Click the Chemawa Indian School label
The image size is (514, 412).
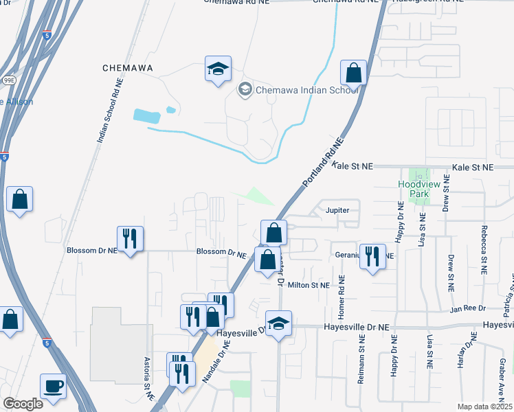(x=306, y=89)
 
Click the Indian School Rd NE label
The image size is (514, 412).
(x=110, y=110)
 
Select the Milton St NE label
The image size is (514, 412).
(x=309, y=284)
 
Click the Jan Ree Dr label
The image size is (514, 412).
(x=469, y=308)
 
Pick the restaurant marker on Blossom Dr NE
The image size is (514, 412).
(x=130, y=239)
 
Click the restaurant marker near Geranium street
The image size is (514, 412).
(x=372, y=257)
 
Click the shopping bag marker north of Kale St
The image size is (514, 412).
(x=353, y=72)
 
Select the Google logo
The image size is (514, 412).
(x=23, y=403)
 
